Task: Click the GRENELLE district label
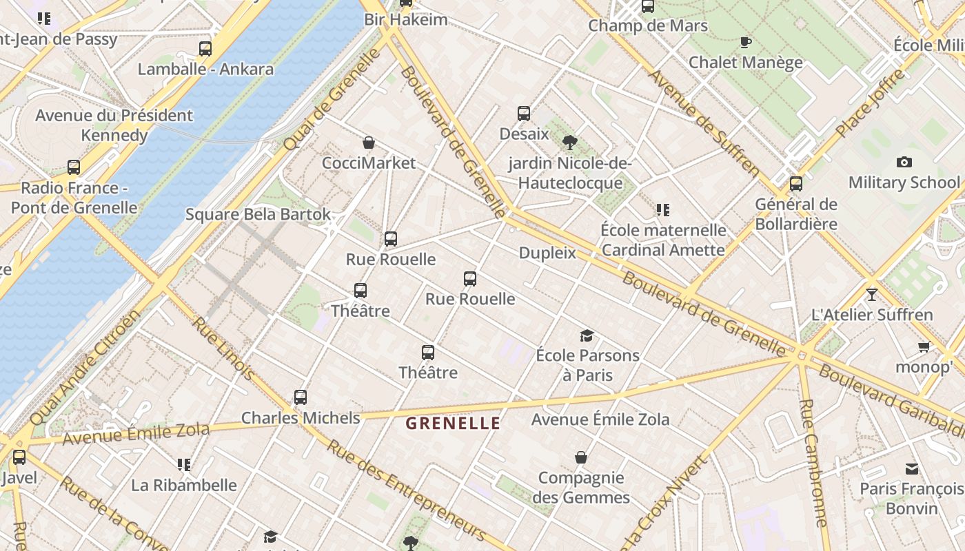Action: tap(453, 423)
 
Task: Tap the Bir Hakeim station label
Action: tap(405, 19)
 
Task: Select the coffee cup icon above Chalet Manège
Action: tap(745, 43)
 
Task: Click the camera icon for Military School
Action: tap(904, 163)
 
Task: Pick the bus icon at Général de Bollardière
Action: tap(796, 184)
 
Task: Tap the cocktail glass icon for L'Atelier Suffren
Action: tap(872, 294)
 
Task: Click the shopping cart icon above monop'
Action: tap(923, 346)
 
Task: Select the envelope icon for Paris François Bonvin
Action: tap(912, 469)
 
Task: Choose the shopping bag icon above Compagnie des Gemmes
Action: tap(581, 457)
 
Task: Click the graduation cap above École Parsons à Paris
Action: tap(587, 335)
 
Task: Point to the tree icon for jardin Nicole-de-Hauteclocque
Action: tap(569, 143)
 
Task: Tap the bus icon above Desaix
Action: tap(524, 114)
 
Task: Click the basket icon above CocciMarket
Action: tap(369, 143)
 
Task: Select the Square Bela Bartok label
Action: tap(258, 214)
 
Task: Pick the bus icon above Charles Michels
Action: tap(300, 397)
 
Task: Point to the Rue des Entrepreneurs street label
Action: tap(407, 489)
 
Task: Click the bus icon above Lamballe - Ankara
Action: tap(205, 49)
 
